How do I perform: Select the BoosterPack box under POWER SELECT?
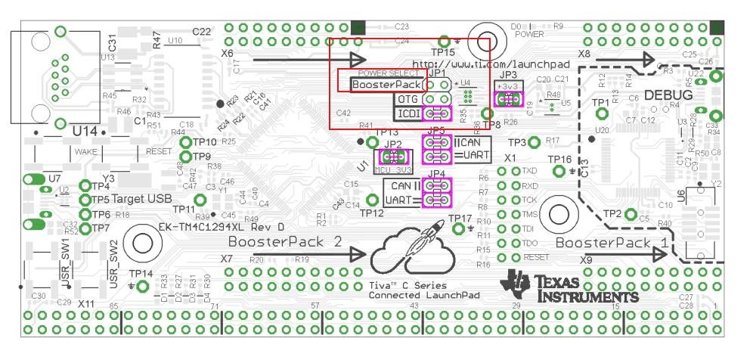tap(386, 85)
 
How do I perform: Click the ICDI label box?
tap(408, 113)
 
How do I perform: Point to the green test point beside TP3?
tap(534, 141)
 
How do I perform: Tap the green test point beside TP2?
tap(630, 214)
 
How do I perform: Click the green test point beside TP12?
tap(371, 200)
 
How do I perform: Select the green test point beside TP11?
tap(201, 200)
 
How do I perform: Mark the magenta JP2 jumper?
tap(393, 157)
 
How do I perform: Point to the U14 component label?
tap(85, 132)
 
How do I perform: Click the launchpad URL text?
tap(490, 65)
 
